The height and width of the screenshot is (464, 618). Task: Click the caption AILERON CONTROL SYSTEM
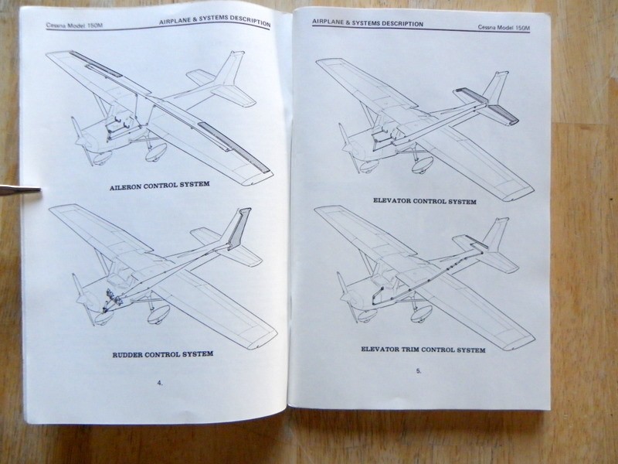click(x=162, y=186)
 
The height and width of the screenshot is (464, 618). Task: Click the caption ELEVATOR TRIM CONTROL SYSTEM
click(x=423, y=350)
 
